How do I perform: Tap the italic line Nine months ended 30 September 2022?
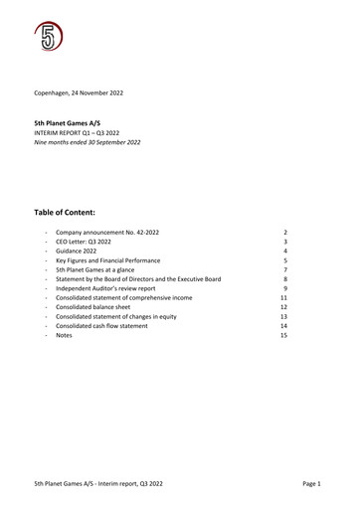tap(88, 142)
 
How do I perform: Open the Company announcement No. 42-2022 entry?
tap(106, 233)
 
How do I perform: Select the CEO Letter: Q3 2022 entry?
tap(84, 242)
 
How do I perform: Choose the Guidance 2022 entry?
tap(79, 251)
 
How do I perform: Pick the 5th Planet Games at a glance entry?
tap(100, 269)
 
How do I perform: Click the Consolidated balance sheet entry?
tap(97, 307)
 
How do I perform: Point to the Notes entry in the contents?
tap(64, 336)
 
